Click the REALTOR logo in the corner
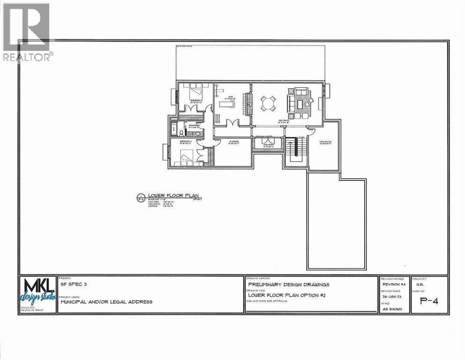(x=27, y=31)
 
